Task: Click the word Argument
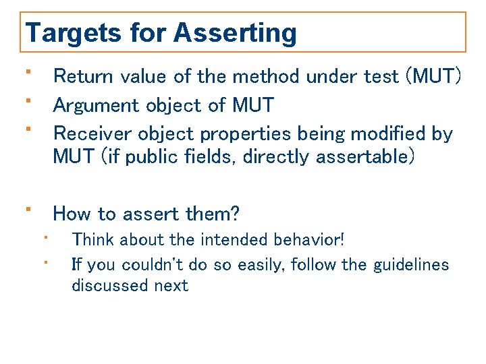pyautogui.click(x=99, y=105)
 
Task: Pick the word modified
pyautogui.click(x=394, y=133)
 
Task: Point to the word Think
pyautogui.click(x=92, y=240)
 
